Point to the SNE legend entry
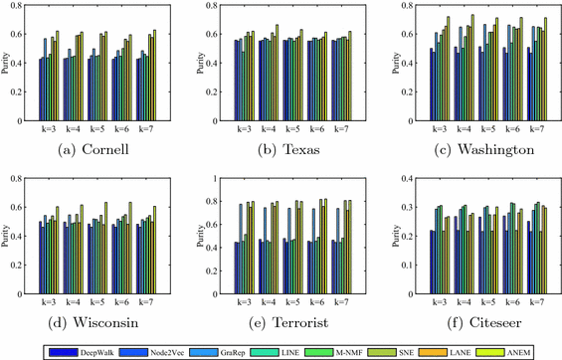[383, 351]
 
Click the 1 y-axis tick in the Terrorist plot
[215, 179]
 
